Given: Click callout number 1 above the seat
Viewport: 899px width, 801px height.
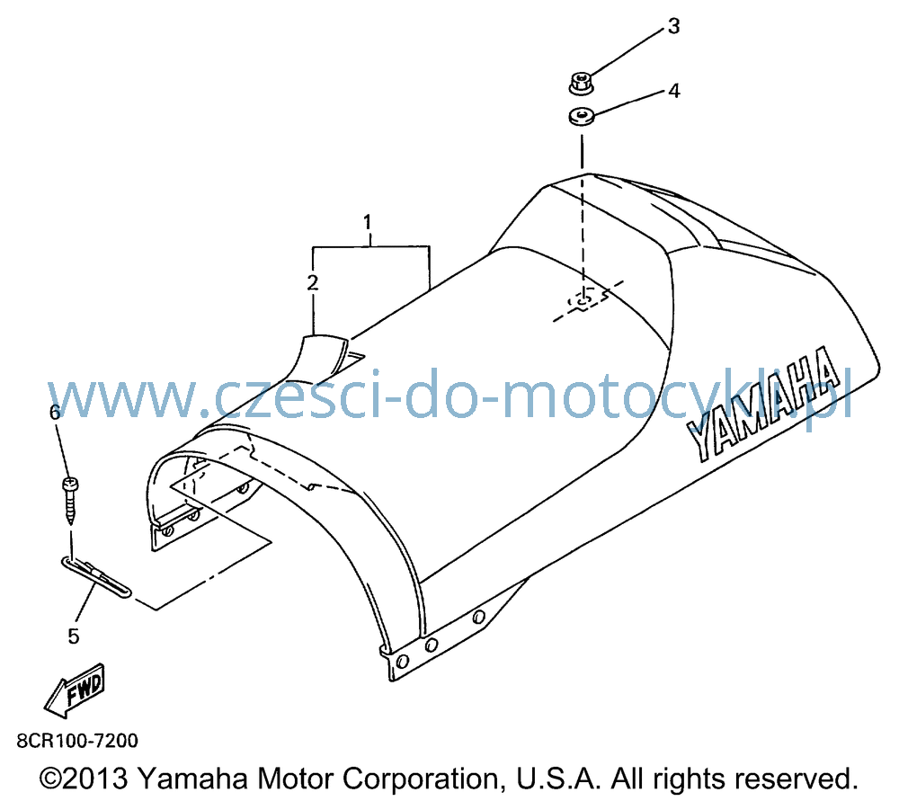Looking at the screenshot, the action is [x=368, y=222].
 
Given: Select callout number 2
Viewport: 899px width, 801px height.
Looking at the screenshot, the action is [x=313, y=282].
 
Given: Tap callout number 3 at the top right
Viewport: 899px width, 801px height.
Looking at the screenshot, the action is [x=673, y=26].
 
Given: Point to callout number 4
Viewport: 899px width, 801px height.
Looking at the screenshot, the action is [x=674, y=91].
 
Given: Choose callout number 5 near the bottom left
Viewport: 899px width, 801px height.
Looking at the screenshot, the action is [x=74, y=636].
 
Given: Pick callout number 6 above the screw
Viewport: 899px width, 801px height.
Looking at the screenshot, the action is [x=55, y=412].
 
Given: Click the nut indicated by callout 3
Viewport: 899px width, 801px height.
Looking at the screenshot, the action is [x=582, y=83].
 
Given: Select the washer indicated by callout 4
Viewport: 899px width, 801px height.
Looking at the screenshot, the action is [x=582, y=117].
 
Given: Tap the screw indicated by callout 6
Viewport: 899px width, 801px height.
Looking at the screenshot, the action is [x=70, y=501].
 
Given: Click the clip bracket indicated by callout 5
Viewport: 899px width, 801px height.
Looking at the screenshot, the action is [x=96, y=577].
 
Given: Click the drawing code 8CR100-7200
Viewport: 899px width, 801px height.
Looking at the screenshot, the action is [x=77, y=741].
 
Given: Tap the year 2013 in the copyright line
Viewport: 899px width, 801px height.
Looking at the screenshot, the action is [x=94, y=779].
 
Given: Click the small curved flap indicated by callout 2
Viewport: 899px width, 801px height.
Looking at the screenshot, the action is [x=323, y=356].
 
